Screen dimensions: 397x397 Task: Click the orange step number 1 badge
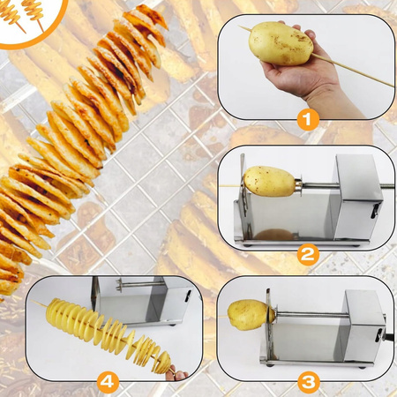308,120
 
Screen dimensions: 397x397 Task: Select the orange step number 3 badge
308,382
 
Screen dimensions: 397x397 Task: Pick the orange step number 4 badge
108,382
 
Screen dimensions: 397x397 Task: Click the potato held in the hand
281,43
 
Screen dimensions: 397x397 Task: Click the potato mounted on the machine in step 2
269,181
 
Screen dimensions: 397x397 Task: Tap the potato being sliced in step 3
250,315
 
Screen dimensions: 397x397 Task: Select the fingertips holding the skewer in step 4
177,374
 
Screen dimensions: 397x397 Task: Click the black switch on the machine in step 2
375,211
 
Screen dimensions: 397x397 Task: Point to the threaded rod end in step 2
387,186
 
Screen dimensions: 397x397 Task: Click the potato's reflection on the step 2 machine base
274,235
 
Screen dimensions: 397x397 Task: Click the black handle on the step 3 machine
389,338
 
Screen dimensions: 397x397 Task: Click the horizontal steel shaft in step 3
312,315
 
